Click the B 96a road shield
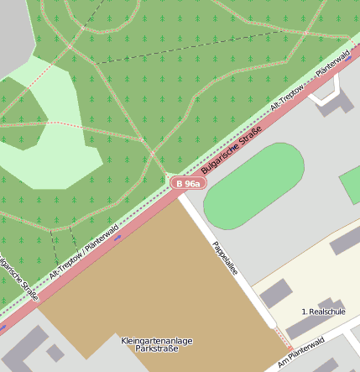[187, 183]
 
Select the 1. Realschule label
[323, 312]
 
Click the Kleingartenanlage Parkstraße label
[157, 344]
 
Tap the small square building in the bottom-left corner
[55, 353]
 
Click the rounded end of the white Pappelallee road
[271, 322]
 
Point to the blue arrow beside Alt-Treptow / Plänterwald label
[117, 238]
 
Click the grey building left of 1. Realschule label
[276, 295]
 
